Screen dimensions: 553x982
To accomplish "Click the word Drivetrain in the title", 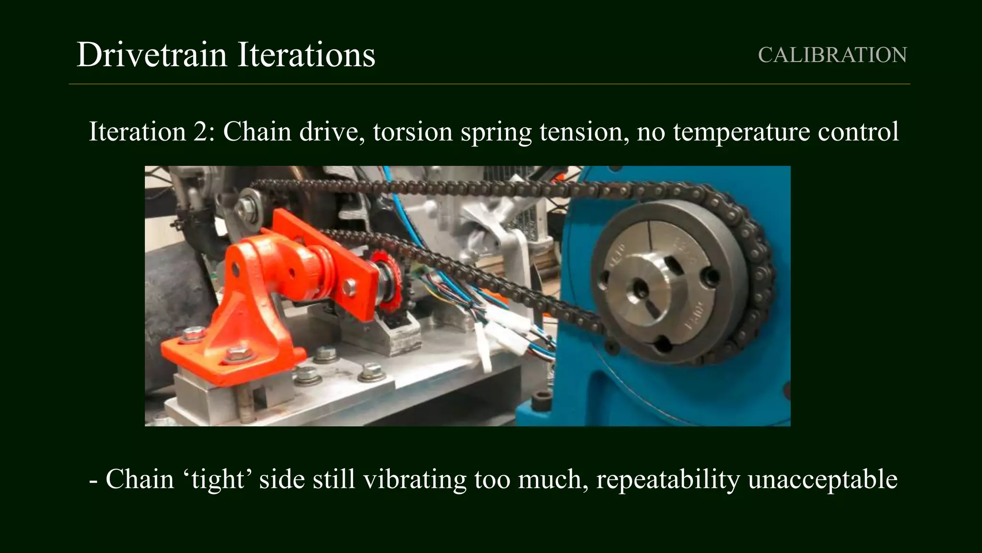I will pyautogui.click(x=152, y=55).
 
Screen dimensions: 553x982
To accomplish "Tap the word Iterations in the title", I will pyautogui.click(x=306, y=55).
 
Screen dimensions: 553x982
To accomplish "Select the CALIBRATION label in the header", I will pyautogui.click(x=832, y=55).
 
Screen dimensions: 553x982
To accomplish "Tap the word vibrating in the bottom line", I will pyautogui.click(x=414, y=479).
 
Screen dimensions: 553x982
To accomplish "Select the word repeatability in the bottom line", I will pyautogui.click(x=667, y=479).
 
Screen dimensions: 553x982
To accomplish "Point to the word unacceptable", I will pyautogui.click(x=822, y=479).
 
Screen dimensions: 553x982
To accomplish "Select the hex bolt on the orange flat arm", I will pyautogui.click(x=350, y=287).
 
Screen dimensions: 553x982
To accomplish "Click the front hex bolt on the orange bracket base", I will pyautogui.click(x=235, y=355).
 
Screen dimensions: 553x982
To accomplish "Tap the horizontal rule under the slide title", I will pyautogui.click(x=489, y=84).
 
